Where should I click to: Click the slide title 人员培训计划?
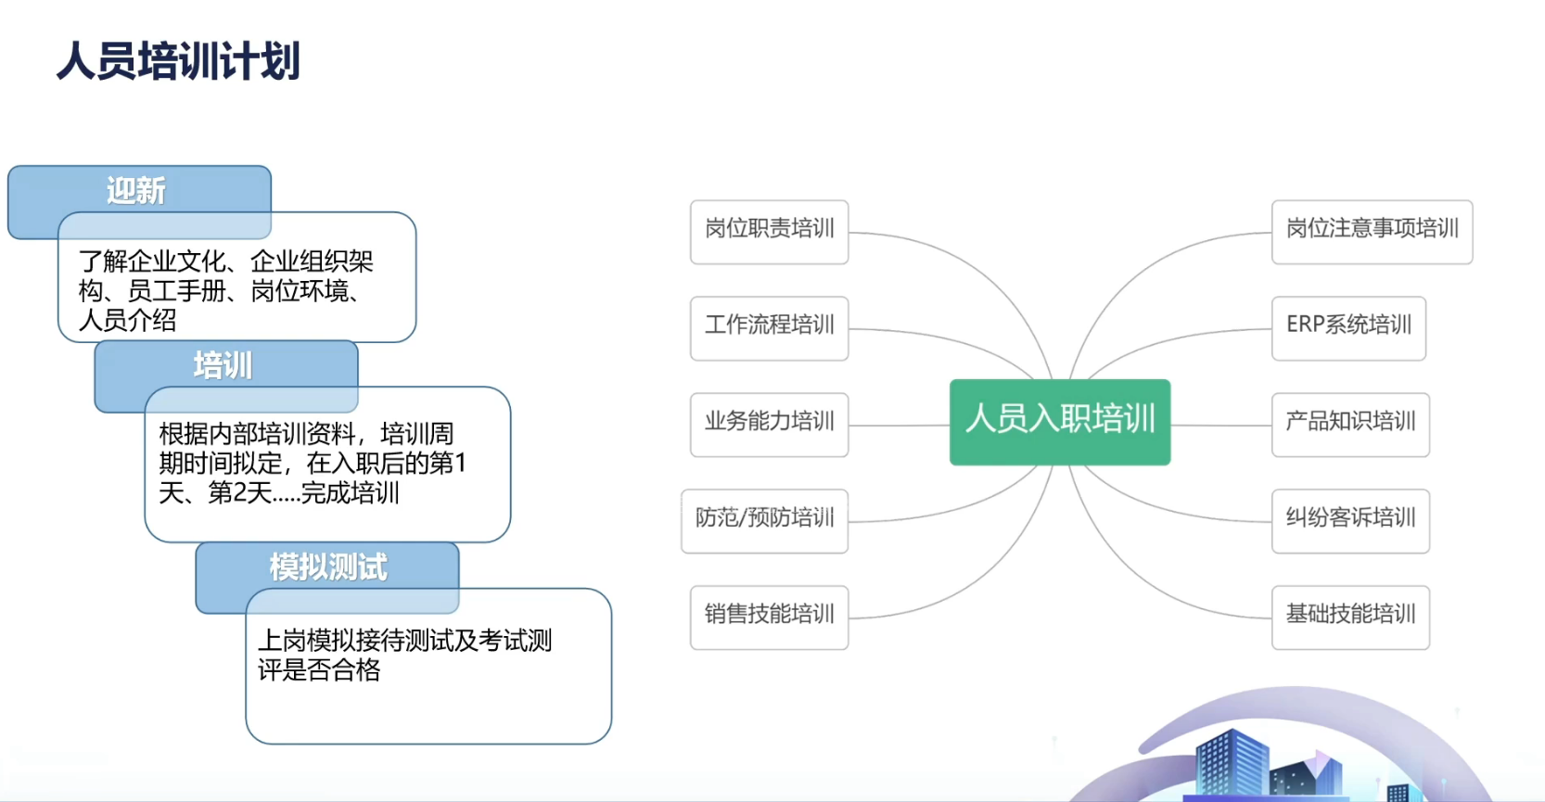pyautogui.click(x=178, y=60)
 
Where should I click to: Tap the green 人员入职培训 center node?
pyautogui.click(x=1059, y=422)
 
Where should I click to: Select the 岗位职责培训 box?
pyautogui.click(x=769, y=232)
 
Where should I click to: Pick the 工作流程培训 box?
pyautogui.click(x=769, y=328)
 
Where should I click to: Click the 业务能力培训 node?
pyautogui.click(x=769, y=425)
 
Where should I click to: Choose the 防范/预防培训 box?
pyautogui.click(x=764, y=521)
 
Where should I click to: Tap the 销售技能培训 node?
pyautogui.click(x=769, y=617)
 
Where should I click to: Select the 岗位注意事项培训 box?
pyautogui.click(x=1372, y=232)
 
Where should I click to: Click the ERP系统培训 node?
pyautogui.click(x=1348, y=328)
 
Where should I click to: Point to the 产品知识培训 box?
pyautogui.click(x=1350, y=425)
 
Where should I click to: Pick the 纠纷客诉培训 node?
pyautogui.click(x=1350, y=521)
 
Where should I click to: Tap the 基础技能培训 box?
pyautogui.click(x=1350, y=617)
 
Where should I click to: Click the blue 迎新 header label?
pyautogui.click(x=136, y=190)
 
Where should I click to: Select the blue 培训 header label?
pyautogui.click(x=223, y=364)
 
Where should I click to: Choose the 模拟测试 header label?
pyautogui.click(x=328, y=566)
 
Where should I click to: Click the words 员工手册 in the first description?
pyautogui.click(x=177, y=291)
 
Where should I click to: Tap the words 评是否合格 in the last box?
pyautogui.click(x=319, y=669)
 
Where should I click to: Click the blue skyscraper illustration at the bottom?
pyautogui.click(x=1232, y=762)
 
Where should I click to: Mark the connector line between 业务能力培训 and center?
pyautogui.click(x=900, y=425)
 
